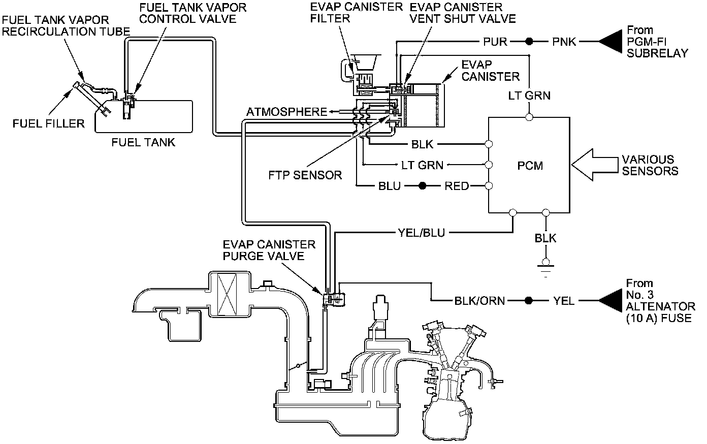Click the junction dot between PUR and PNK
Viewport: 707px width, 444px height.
[x=529, y=42]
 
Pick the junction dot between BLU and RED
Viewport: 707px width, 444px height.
[x=422, y=186]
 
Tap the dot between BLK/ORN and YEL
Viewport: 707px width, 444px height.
[x=529, y=301]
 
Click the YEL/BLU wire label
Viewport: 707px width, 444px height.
[x=423, y=233]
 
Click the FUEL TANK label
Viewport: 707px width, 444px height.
[x=143, y=142]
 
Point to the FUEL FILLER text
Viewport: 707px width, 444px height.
[x=49, y=123]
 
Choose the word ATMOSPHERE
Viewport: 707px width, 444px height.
[x=286, y=112]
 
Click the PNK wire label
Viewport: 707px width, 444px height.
[x=564, y=42]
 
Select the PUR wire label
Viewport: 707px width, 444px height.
[x=495, y=42]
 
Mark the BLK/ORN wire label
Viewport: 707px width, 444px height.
[x=480, y=301]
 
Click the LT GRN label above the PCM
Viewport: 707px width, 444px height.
[x=530, y=95]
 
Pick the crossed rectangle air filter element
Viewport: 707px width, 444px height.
[x=227, y=293]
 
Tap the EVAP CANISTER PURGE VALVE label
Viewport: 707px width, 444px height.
[x=269, y=250]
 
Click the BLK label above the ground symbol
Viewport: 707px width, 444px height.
[x=545, y=238]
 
